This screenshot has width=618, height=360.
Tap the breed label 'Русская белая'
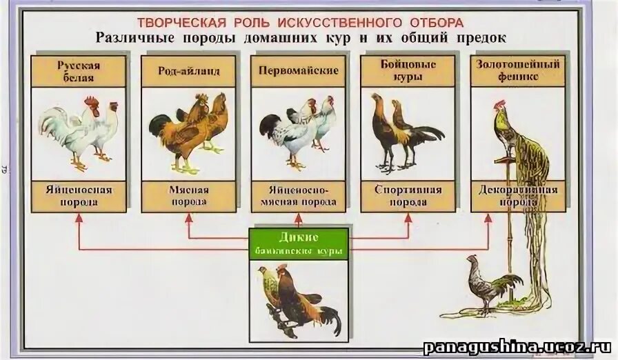(79, 71)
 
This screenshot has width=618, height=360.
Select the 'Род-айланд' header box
(188, 71)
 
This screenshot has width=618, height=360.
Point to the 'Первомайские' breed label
(298, 71)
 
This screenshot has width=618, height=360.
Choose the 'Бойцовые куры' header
(408, 71)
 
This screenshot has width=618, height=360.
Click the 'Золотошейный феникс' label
(517, 71)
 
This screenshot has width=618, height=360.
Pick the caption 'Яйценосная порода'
(79, 196)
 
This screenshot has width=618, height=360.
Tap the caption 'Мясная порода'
(188, 196)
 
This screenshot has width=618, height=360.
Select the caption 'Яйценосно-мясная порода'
(298, 196)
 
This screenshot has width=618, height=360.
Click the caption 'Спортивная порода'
(408, 196)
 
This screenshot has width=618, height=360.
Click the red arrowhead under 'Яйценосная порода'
(79, 217)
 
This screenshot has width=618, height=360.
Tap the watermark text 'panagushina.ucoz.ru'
(517, 346)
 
